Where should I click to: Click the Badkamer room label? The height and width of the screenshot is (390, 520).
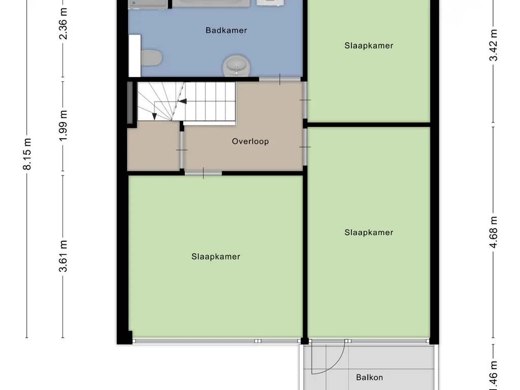pyautogui.click(x=226, y=30)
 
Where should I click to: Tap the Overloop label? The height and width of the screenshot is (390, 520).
pyautogui.click(x=250, y=142)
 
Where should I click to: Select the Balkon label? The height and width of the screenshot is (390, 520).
pyautogui.click(x=369, y=377)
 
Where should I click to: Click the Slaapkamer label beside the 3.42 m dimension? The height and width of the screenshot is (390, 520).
pyautogui.click(x=369, y=46)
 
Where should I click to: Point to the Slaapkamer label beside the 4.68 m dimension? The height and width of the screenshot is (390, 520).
pyautogui.click(x=369, y=233)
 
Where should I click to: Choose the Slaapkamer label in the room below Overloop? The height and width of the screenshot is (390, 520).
pyautogui.click(x=215, y=257)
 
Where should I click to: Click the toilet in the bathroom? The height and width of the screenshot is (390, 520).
pyautogui.click(x=151, y=57)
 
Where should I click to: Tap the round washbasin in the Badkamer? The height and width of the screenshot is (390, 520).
pyautogui.click(x=236, y=65)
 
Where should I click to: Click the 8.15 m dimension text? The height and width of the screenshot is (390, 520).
pyautogui.click(x=27, y=154)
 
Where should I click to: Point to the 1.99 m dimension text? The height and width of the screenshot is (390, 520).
pyautogui.click(x=63, y=128)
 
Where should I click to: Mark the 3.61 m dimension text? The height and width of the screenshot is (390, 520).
pyautogui.click(x=63, y=256)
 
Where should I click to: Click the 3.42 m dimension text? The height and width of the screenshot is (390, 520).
pyautogui.click(x=493, y=45)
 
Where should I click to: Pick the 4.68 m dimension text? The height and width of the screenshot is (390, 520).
pyautogui.click(x=493, y=233)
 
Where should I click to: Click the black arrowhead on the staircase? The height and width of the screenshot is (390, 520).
pyautogui.click(x=182, y=101)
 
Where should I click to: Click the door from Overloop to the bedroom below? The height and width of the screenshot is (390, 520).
pyautogui.click(x=203, y=174)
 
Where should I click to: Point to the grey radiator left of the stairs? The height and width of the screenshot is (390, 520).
pyautogui.click(x=130, y=102)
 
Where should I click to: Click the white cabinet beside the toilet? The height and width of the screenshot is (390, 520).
pyautogui.click(x=134, y=55)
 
